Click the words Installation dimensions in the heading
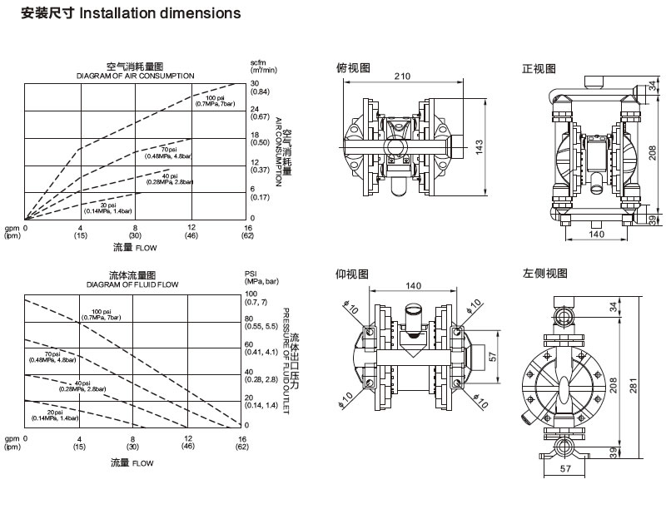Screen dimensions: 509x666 (x=161, y=13)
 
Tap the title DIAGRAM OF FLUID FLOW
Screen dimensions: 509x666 (x=132, y=284)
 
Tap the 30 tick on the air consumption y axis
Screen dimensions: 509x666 (x=256, y=83)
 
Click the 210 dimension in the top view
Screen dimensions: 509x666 (x=404, y=77)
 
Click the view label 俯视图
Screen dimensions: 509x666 (x=353, y=67)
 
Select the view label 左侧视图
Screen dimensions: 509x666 (x=545, y=274)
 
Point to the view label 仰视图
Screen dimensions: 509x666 (x=353, y=274)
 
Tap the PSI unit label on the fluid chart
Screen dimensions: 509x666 (x=251, y=273)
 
